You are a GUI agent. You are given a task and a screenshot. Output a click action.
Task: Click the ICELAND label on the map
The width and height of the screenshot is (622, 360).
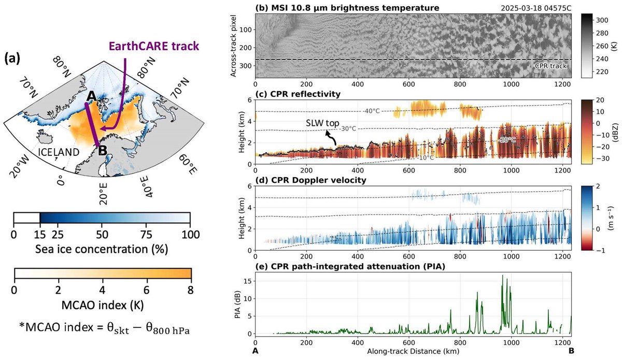pyautogui.click(x=59, y=152)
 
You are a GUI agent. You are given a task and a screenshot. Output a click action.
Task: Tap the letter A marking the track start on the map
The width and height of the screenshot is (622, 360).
pyautogui.click(x=92, y=96)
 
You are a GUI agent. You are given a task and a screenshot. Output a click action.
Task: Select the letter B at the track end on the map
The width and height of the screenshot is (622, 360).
pyautogui.click(x=103, y=151)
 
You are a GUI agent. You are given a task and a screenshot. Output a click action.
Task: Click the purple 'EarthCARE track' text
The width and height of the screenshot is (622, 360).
pyautogui.click(x=154, y=46)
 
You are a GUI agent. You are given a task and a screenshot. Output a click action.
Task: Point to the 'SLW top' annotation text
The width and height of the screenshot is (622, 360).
pyautogui.click(x=322, y=123)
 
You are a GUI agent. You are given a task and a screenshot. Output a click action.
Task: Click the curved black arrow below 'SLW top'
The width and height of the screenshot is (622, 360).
pyautogui.click(x=331, y=138)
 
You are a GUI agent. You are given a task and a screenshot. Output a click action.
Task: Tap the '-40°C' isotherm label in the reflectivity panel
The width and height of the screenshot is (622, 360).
pyautogui.click(x=372, y=111)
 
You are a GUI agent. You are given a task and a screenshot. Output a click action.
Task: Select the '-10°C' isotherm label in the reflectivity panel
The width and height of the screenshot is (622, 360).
pyautogui.click(x=426, y=157)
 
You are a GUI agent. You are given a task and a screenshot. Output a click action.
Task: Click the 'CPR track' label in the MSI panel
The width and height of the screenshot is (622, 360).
pyautogui.click(x=550, y=66)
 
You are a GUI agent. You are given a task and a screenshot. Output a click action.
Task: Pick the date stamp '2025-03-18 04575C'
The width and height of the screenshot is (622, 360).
pyautogui.click(x=536, y=8)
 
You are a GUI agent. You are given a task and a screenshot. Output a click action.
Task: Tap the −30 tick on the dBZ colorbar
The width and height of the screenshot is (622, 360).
pyautogui.click(x=600, y=159)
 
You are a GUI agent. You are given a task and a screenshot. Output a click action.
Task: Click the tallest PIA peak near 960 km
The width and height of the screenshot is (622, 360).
pyautogui.click(x=502, y=276)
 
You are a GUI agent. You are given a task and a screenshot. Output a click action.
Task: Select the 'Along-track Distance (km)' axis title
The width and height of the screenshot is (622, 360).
pyautogui.click(x=413, y=351)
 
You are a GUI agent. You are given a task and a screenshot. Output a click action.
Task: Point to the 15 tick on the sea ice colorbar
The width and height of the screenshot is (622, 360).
pyautogui.click(x=40, y=235)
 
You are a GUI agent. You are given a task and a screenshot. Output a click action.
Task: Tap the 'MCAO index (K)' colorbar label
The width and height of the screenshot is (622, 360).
pyautogui.click(x=103, y=305)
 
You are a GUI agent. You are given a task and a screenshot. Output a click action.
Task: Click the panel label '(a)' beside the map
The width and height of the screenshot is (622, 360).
pyautogui.click(x=12, y=59)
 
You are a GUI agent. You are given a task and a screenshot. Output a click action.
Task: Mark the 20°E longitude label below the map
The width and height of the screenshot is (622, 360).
pyautogui.click(x=103, y=194)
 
